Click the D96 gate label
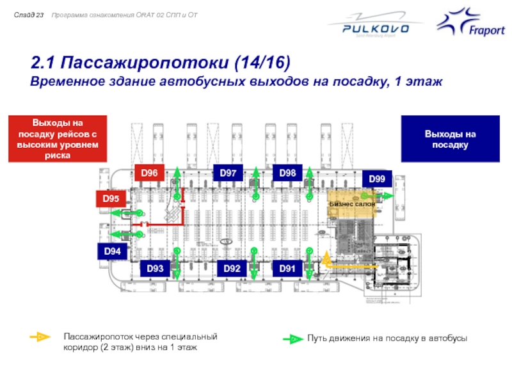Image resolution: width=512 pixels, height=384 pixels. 149,173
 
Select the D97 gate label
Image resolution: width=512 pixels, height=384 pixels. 228,173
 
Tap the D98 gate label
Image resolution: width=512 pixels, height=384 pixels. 287,173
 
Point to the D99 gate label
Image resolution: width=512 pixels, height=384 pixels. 377,180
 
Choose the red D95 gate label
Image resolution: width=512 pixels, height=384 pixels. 111,199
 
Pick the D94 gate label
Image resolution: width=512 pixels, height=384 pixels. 112,252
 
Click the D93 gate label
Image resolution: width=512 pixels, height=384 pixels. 156,268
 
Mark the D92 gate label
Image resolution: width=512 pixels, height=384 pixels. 232,268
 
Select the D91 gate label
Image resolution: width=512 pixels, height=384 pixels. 287,268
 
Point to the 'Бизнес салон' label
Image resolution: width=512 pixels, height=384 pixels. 352,204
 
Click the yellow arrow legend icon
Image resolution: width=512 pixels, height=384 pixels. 40,337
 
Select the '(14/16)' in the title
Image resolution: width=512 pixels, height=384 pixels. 261,63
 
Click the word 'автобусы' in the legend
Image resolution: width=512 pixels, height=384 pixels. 447,338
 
